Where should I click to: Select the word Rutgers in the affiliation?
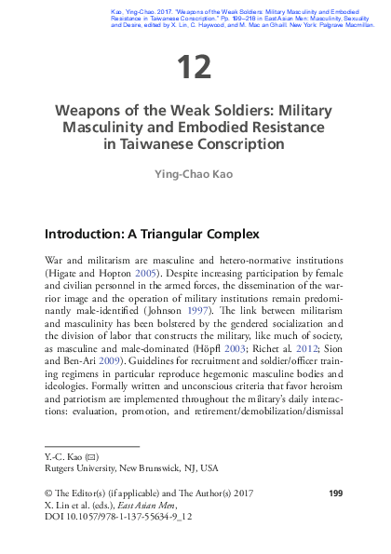point(62,469)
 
